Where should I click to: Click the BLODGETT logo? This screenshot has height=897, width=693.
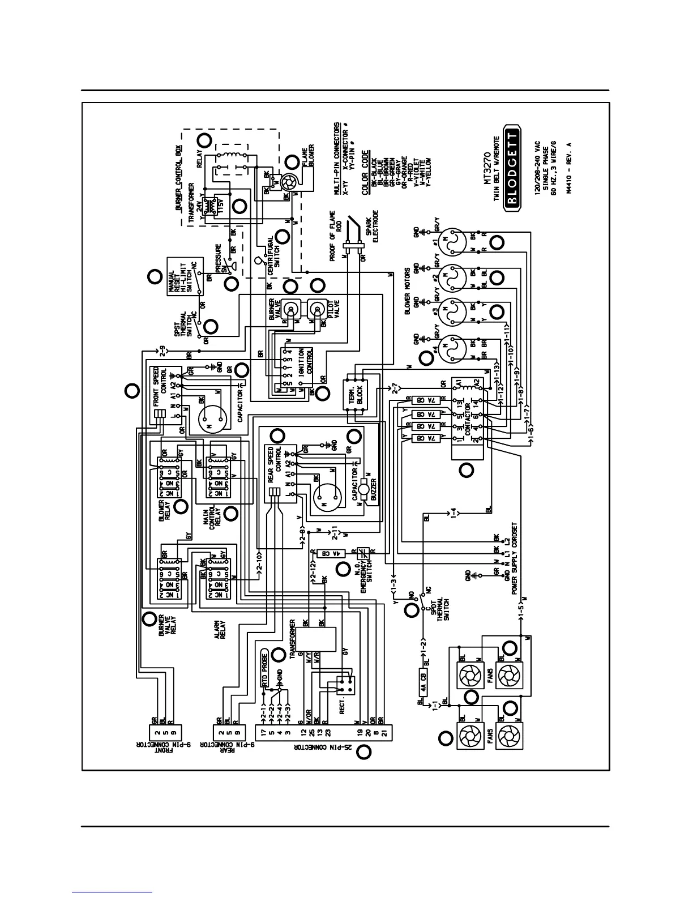tap(513, 170)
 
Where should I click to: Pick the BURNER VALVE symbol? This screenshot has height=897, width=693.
tap(291, 309)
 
